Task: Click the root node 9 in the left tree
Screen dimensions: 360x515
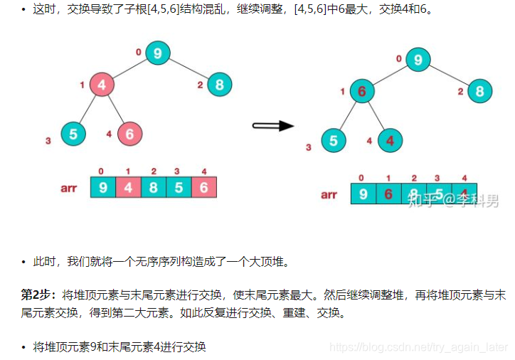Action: (x=157, y=53)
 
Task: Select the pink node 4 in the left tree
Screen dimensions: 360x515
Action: (x=102, y=86)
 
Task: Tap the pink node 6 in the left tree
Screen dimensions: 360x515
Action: (x=129, y=134)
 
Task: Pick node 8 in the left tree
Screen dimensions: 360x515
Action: (x=219, y=86)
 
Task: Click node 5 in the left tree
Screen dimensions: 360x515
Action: (x=73, y=134)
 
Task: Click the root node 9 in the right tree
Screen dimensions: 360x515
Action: (x=418, y=59)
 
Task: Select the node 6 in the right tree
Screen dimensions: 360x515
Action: (x=362, y=92)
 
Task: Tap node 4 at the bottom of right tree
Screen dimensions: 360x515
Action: (x=390, y=140)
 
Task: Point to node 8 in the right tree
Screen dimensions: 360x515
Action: (x=479, y=91)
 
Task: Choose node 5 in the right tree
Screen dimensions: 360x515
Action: (x=333, y=140)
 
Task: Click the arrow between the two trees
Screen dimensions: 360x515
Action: (x=273, y=126)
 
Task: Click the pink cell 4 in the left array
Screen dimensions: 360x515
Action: (x=128, y=187)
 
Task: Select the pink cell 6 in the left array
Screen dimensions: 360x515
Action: (x=203, y=187)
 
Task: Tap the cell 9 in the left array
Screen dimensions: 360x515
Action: (x=103, y=187)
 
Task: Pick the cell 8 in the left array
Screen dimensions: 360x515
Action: (x=153, y=187)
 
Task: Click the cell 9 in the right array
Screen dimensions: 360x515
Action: (x=363, y=194)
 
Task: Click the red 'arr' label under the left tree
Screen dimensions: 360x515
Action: (x=68, y=189)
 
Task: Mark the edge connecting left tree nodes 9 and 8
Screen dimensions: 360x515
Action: (x=189, y=69)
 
